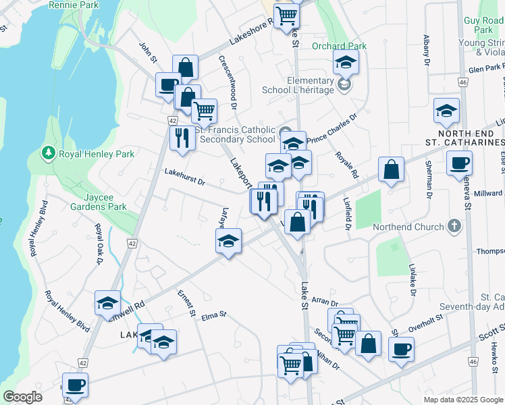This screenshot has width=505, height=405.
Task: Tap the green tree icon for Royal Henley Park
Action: point(48,153)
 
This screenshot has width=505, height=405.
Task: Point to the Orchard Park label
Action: point(339,46)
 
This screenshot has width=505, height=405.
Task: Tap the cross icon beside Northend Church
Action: point(455,226)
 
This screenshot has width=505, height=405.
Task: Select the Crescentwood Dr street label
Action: point(227,82)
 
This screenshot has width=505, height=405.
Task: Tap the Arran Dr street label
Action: point(325,305)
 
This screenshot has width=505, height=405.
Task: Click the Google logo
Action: point(22,397)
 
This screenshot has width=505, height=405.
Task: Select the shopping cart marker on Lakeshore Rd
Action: point(287,15)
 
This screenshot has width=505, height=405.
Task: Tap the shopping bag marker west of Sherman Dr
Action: point(391,169)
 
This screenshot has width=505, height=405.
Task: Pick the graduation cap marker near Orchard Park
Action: point(346,63)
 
